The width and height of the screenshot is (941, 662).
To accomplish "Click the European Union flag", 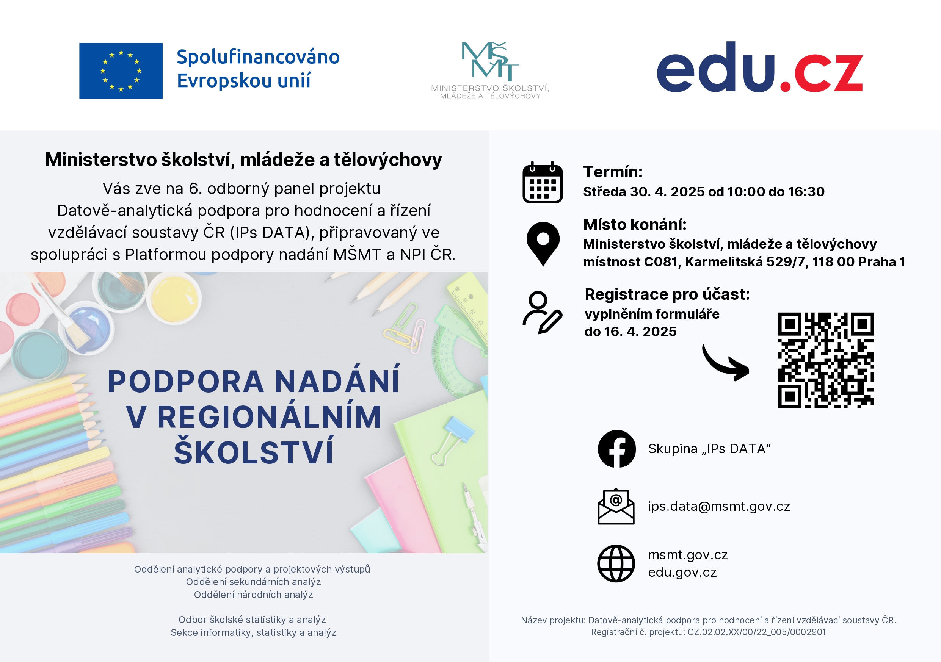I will click(x=121, y=71).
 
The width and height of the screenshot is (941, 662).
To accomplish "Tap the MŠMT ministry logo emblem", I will click(x=490, y=61).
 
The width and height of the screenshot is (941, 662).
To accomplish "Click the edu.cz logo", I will click(x=760, y=68).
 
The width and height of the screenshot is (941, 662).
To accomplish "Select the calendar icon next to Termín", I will click(x=542, y=183).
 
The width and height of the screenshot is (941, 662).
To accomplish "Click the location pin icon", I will click(x=543, y=243).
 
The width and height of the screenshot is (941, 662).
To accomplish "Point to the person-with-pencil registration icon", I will click(x=542, y=313).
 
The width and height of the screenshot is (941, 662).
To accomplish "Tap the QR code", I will click(x=826, y=360).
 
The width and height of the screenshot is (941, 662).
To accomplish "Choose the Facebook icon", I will click(x=616, y=449).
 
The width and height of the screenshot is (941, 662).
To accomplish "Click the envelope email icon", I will click(x=616, y=507).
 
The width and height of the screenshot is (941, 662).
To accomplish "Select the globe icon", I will click(x=616, y=564).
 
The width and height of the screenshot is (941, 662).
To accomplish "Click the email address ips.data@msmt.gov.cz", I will click(x=719, y=507).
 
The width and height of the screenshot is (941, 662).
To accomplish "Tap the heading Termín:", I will click(x=613, y=172).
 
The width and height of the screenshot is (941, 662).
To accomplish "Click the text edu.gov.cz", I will click(x=682, y=572).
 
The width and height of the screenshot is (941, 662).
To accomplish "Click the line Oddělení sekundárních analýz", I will click(x=253, y=582).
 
